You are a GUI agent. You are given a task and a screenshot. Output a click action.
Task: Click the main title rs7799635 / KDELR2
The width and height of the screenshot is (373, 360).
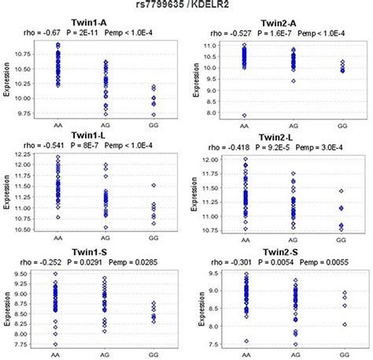[x=186, y=7]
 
